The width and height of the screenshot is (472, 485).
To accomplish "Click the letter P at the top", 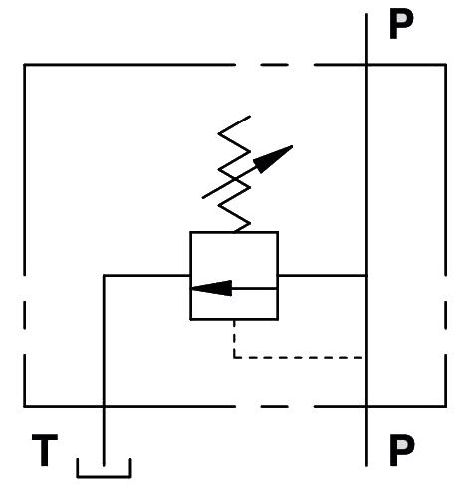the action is [x=401, y=24].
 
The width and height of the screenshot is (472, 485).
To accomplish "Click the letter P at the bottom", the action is [x=402, y=450].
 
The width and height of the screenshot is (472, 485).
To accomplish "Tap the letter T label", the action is [x=45, y=450].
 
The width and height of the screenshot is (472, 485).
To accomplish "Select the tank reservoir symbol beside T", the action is [x=104, y=477].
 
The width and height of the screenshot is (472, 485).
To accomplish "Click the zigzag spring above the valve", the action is [x=234, y=173].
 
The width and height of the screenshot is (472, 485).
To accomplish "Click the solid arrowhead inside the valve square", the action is [x=211, y=288].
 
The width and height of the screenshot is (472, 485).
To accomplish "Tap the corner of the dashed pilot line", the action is [x=234, y=358].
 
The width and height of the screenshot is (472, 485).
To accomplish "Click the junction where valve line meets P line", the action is [x=366, y=275].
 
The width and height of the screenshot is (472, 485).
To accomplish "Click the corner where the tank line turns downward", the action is [x=104, y=275].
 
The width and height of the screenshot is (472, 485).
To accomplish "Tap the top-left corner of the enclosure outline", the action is [x=25, y=65].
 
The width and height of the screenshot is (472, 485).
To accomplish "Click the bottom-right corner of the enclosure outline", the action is [x=445, y=406].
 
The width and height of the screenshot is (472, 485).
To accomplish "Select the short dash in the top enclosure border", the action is [x=274, y=65].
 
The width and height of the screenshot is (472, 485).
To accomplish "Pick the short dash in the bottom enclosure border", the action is [x=274, y=406].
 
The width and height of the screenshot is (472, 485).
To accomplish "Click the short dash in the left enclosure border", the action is [x=25, y=315].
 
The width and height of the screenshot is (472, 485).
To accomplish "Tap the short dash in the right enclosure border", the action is [x=445, y=315].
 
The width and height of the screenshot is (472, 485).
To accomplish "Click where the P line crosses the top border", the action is [x=366, y=65].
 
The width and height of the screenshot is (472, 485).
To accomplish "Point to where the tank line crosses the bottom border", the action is [x=104, y=406].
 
